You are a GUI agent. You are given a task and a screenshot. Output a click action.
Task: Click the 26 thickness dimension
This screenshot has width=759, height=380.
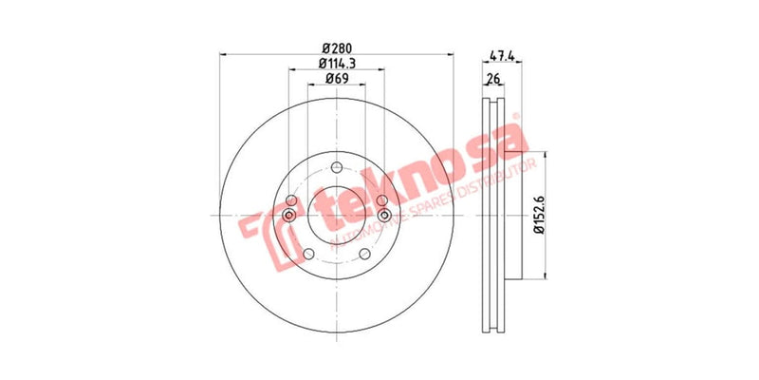click(492, 79)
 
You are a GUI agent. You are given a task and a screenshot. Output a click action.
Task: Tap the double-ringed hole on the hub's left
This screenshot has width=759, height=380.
click(289, 217)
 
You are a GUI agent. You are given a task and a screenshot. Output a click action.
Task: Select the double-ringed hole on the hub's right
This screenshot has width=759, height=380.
click(383, 217)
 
